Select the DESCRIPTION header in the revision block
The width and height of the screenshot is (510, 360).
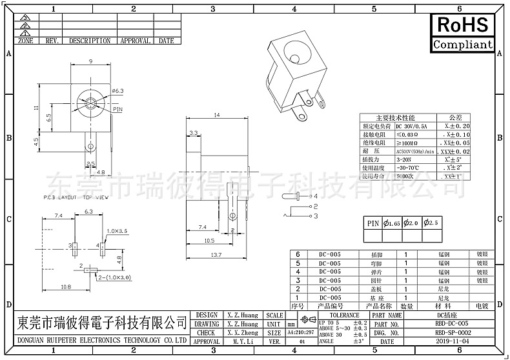(90, 41)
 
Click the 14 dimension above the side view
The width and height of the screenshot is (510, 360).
(216, 115)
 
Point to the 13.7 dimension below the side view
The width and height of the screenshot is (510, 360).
(216, 255)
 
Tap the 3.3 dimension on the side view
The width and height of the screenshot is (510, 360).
(193, 133)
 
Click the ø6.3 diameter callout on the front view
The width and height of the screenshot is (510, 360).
(117, 92)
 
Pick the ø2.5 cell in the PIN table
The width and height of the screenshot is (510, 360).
(432, 223)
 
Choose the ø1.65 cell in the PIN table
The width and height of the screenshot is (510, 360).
(393, 223)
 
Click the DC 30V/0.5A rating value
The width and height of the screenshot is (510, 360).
(411, 126)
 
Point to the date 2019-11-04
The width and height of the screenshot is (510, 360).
(452, 341)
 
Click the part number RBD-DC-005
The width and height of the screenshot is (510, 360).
(452, 323)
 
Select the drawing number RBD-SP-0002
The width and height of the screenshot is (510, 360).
(452, 332)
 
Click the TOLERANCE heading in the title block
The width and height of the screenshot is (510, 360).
(344, 315)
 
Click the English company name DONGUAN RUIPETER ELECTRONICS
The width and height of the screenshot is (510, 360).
(100, 339)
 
